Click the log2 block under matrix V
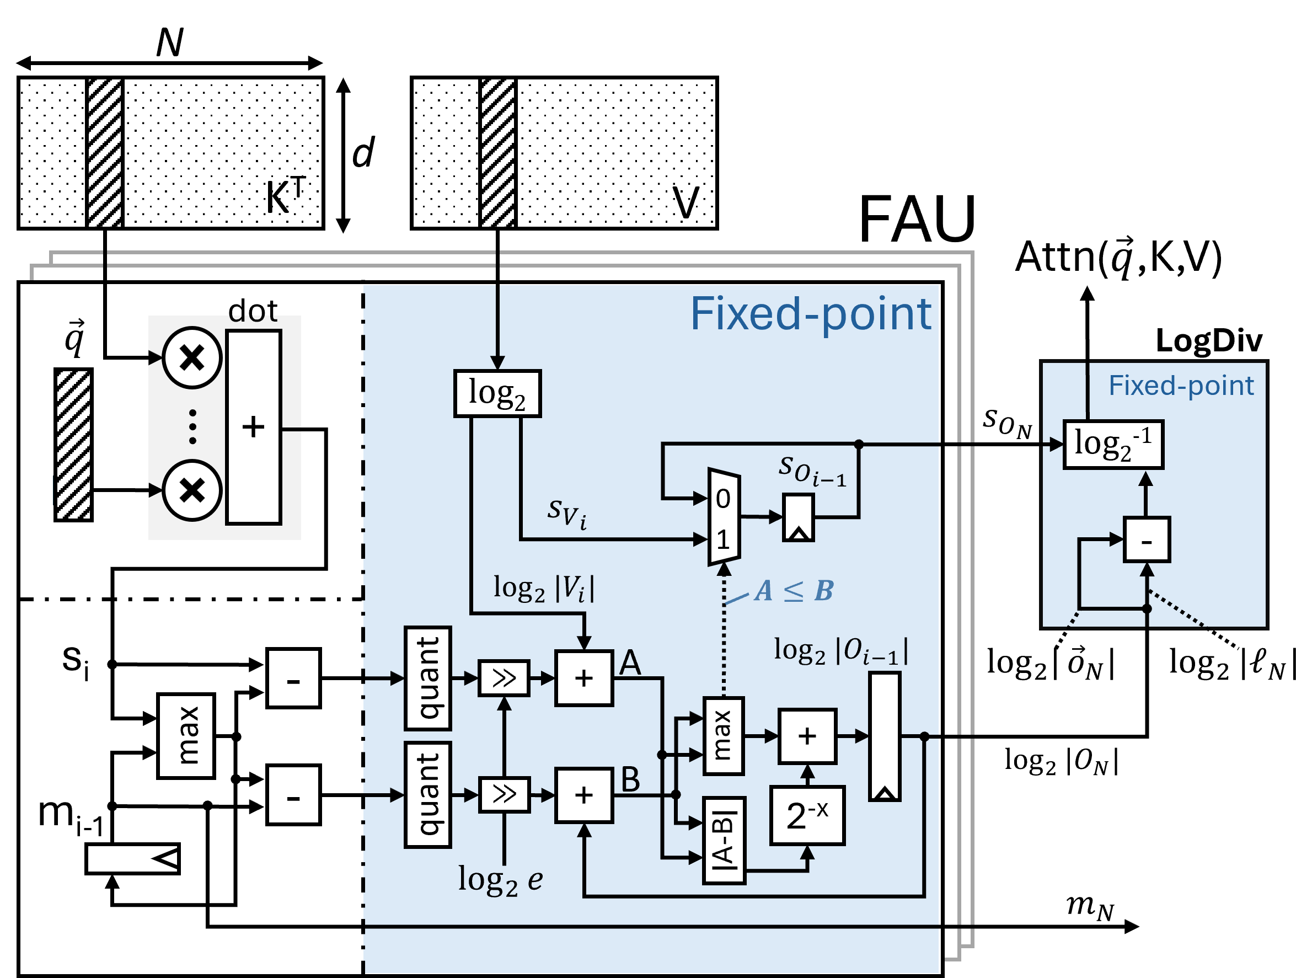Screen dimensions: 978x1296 point(497,393)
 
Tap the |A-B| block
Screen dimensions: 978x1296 point(724,840)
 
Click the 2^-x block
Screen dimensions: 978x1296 point(807,815)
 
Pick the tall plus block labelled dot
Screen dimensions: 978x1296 point(254,426)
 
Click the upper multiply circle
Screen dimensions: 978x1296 point(192,357)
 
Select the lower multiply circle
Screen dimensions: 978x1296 point(192,490)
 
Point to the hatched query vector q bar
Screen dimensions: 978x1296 point(73,445)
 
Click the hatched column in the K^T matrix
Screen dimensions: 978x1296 point(105,153)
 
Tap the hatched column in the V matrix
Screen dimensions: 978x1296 point(498,153)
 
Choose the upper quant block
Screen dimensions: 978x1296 point(428,678)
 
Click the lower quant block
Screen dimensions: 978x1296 point(428,794)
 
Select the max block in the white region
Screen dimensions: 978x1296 point(186,736)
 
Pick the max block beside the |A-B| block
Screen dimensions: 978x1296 point(724,736)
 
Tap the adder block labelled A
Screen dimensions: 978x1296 point(584,678)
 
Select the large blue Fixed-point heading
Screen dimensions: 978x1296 point(810,314)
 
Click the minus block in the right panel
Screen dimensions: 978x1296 point(1147,539)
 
